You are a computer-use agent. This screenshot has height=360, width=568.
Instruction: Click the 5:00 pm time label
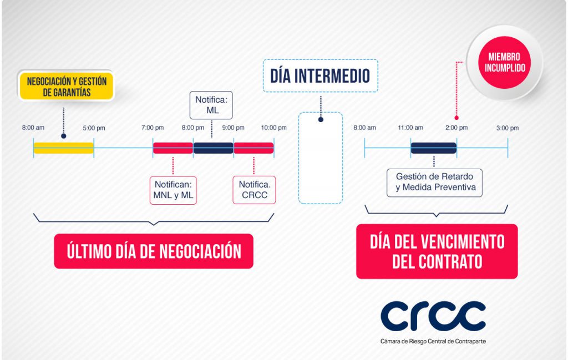pyautogui.click(x=94, y=128)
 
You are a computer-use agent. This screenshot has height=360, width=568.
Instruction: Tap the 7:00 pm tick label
pyautogui.click(x=153, y=128)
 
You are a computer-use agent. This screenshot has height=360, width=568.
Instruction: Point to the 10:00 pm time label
pyautogui.click(x=274, y=128)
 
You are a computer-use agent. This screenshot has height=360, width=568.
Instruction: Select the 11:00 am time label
pyautogui.click(x=410, y=128)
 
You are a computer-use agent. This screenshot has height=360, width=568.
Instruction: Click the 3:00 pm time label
pyautogui.click(x=508, y=128)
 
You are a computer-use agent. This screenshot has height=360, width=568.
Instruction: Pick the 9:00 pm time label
pyautogui.click(x=234, y=128)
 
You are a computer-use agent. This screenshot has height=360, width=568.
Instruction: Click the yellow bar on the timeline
pyautogui.click(x=63, y=148)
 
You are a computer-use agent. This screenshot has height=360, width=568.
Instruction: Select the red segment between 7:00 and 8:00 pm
pyautogui.click(x=173, y=148)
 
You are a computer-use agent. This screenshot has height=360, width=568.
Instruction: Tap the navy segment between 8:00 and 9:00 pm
pyautogui.click(x=214, y=148)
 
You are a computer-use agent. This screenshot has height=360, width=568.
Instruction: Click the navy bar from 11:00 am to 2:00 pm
pyautogui.click(x=434, y=148)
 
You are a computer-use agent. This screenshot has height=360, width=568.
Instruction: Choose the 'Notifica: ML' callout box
pyautogui.click(x=211, y=105)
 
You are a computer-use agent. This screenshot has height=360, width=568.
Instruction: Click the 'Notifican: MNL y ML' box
pyautogui.click(x=173, y=190)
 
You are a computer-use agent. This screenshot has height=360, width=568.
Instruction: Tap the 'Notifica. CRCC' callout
pyautogui.click(x=254, y=190)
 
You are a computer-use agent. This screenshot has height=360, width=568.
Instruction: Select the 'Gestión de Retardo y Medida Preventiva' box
pyautogui.click(x=434, y=182)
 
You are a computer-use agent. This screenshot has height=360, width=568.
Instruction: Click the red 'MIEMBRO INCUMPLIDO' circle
pyautogui.click(x=505, y=62)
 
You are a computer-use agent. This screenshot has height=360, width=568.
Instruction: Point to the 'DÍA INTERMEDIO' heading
pyautogui.click(x=320, y=75)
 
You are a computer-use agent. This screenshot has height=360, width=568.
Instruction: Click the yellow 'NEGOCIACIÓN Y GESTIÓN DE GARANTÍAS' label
pyautogui.click(x=67, y=86)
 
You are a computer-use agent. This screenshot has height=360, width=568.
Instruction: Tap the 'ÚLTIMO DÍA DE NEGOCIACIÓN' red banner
pyautogui.click(x=154, y=251)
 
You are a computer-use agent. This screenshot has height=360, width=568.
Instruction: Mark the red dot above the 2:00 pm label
pyautogui.click(x=457, y=118)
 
